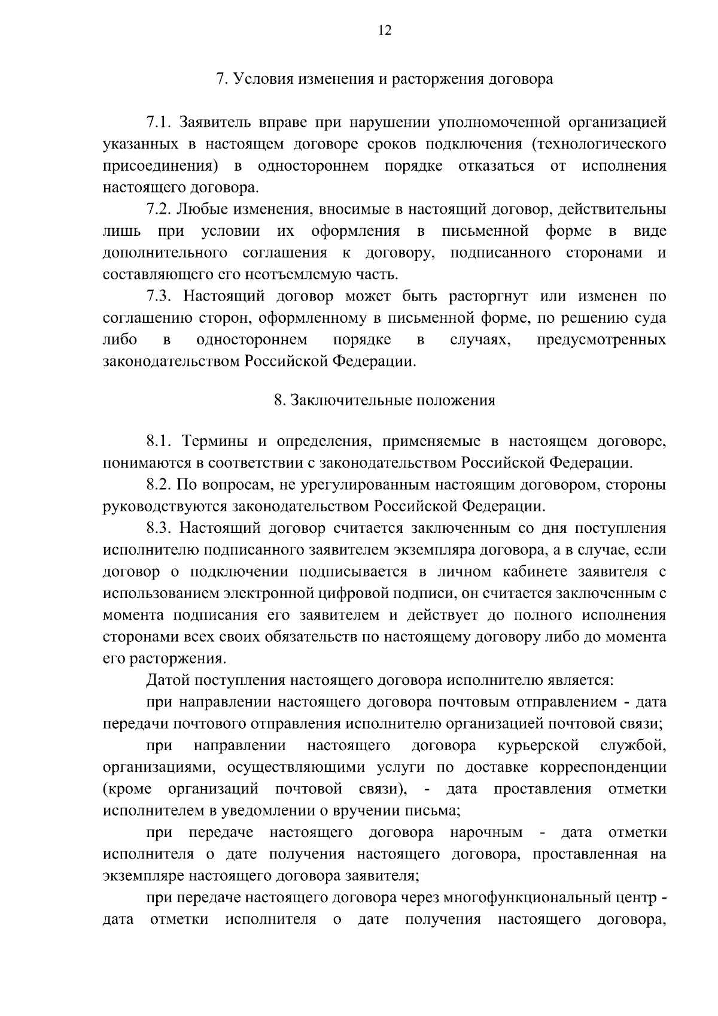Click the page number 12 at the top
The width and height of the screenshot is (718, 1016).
click(385, 31)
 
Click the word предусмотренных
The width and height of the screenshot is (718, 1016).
click(601, 340)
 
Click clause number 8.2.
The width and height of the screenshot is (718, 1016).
click(159, 485)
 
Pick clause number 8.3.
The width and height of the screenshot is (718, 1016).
click(159, 528)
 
